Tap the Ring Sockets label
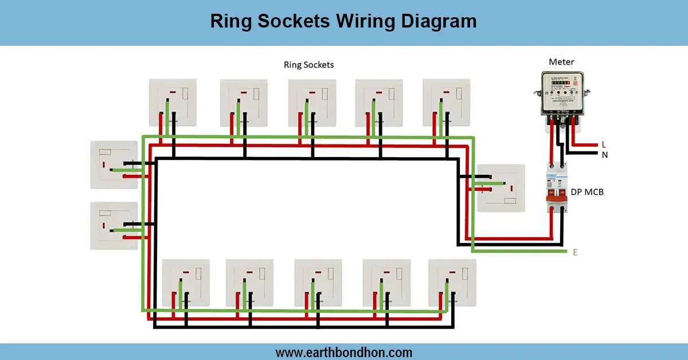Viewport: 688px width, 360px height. tap(308, 65)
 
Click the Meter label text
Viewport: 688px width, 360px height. tap(561, 62)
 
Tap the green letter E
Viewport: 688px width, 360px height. tap(574, 252)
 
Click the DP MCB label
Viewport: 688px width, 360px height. tap(587, 192)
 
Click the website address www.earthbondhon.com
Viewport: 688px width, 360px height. tap(344, 352)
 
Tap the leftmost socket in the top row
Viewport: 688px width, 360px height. tap(173, 102)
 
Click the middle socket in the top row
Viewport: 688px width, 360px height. tap(311, 102)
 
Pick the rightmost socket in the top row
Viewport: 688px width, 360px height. tap(446, 102)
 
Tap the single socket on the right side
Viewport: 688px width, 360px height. tap(501, 189)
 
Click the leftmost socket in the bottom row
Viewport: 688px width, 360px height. tap(186, 282)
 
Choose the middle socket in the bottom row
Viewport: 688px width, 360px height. tap(318, 282)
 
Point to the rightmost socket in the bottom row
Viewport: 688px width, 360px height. tap(452, 282)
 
